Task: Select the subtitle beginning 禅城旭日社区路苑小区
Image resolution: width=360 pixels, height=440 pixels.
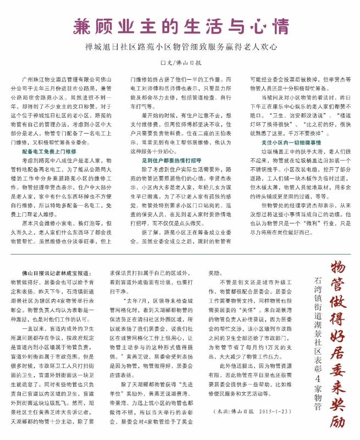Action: (180, 47)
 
